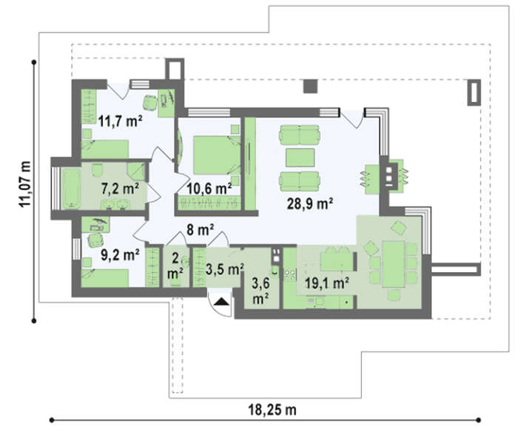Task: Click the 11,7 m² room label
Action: click(120, 121)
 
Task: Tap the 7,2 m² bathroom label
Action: click(120, 189)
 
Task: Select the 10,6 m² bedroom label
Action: click(209, 189)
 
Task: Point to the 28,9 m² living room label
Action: click(309, 203)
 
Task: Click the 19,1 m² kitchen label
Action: click(327, 283)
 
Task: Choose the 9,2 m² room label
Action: click(120, 255)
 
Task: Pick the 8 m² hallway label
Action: click(201, 229)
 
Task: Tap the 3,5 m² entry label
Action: click(225, 269)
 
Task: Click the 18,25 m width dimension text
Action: click(272, 410)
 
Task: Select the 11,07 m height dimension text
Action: click(25, 184)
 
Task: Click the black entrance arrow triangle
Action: click(221, 301)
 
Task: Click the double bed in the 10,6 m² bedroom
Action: click(217, 155)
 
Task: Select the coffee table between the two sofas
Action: click(300, 158)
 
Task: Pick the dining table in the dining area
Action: click(394, 264)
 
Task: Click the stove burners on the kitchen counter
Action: click(290, 274)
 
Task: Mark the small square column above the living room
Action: click(311, 87)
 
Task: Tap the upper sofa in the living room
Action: click(300, 135)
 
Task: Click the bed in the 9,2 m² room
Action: click(105, 278)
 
